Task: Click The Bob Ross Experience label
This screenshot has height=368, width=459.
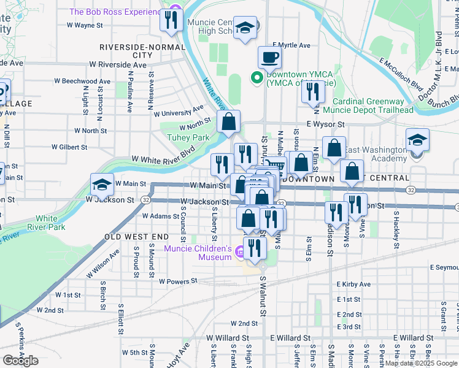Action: point(116,12)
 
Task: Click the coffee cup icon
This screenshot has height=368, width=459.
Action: point(269,58)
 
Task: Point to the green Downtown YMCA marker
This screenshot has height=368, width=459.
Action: point(256,78)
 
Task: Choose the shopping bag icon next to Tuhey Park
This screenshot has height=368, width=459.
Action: point(228,122)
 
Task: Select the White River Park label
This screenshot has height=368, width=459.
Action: point(50,223)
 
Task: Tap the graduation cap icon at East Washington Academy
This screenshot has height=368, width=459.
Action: point(417,140)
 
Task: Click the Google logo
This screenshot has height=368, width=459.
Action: point(21,360)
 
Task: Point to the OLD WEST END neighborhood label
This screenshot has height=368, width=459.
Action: point(136,236)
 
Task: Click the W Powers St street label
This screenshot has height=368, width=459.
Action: point(177,282)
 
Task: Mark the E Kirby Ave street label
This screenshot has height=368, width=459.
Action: point(353,285)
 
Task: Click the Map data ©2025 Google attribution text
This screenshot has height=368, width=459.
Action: point(421,363)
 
